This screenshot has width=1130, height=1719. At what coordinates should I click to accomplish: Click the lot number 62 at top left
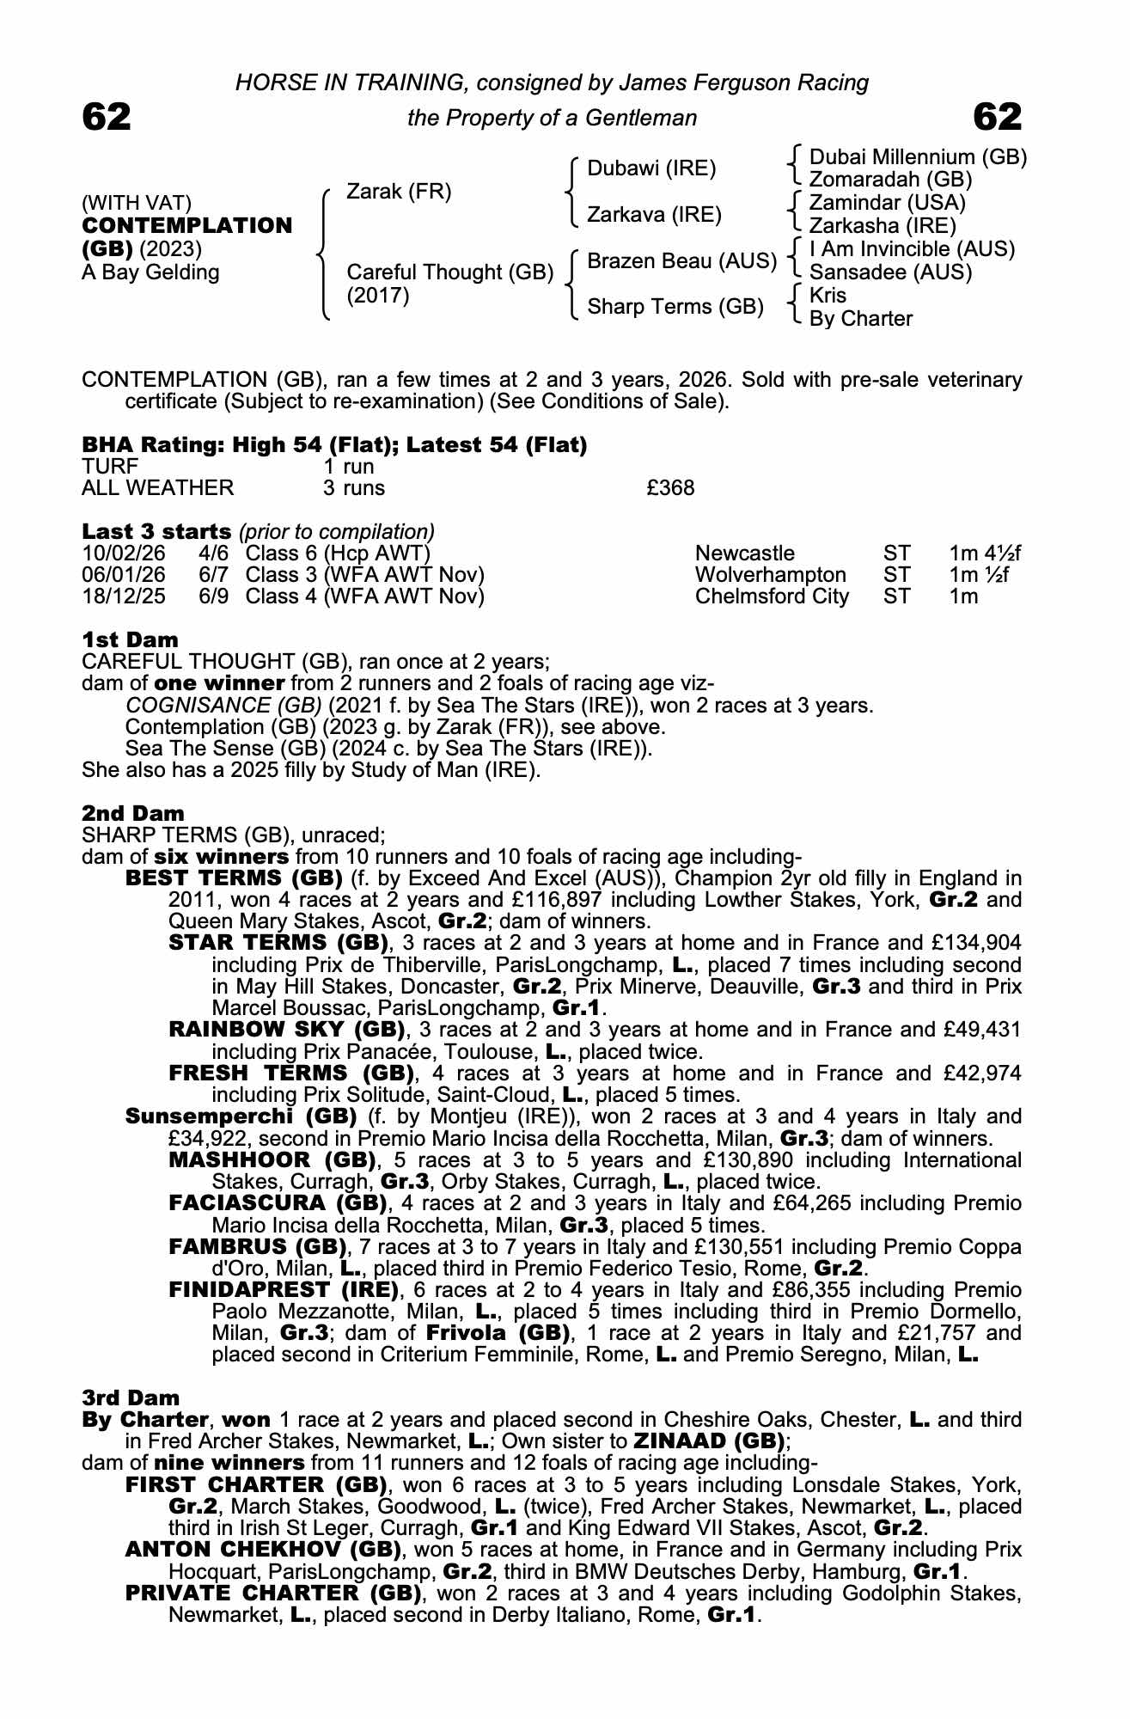pos(107,117)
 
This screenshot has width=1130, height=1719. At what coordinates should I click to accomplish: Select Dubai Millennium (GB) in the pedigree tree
pos(918,157)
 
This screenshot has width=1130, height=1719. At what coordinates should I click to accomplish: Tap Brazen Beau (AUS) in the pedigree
pos(681,260)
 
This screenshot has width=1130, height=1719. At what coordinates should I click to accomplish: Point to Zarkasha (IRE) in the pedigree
pos(883,226)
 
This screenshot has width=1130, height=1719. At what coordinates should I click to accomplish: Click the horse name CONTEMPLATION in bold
pos(187,225)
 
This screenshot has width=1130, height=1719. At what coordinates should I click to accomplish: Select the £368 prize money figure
pos(670,488)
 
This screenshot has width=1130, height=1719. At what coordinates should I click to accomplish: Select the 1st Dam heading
pos(131,639)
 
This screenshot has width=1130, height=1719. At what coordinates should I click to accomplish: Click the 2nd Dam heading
pos(133,813)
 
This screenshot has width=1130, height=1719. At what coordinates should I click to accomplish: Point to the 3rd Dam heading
pos(131,1398)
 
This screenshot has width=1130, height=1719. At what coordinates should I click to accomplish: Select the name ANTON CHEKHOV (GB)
pos(263,1550)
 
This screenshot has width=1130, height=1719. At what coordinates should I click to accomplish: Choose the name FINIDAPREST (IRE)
pos(284,1290)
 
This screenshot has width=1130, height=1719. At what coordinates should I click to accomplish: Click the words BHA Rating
pos(142,445)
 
